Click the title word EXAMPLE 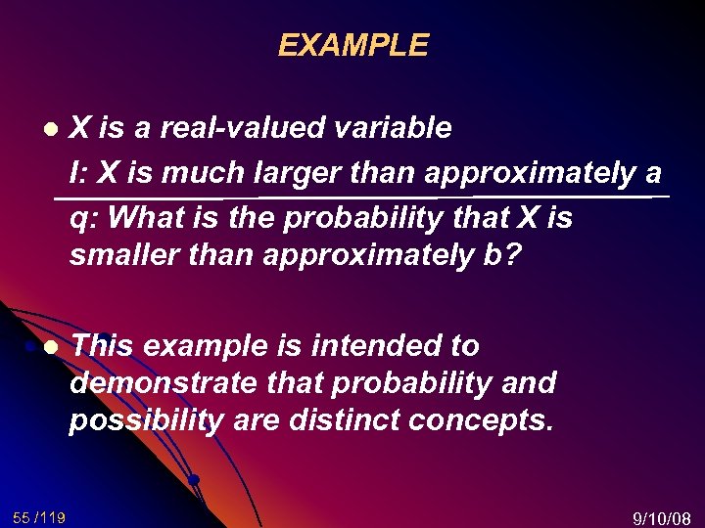352,46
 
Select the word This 104,346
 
